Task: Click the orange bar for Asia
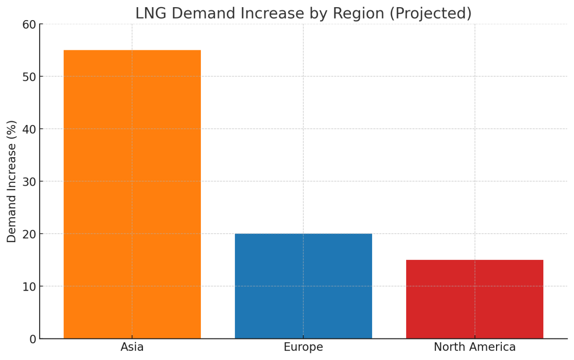pyautogui.click(x=132, y=194)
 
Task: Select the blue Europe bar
pyautogui.click(x=303, y=286)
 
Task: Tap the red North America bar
pyautogui.click(x=475, y=299)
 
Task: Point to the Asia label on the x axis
pyautogui.click(x=132, y=347)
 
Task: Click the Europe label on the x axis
pyautogui.click(x=303, y=347)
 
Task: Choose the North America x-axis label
pyautogui.click(x=475, y=347)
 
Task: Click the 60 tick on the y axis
pyautogui.click(x=29, y=24)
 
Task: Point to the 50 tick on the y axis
pyautogui.click(x=29, y=77)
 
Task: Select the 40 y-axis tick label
pyautogui.click(x=29, y=129)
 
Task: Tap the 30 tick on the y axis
pyautogui.click(x=29, y=181)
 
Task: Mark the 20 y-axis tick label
pyautogui.click(x=29, y=234)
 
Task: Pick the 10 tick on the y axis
pyautogui.click(x=29, y=286)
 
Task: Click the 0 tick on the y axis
pyautogui.click(x=33, y=339)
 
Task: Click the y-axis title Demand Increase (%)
pyautogui.click(x=12, y=181)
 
